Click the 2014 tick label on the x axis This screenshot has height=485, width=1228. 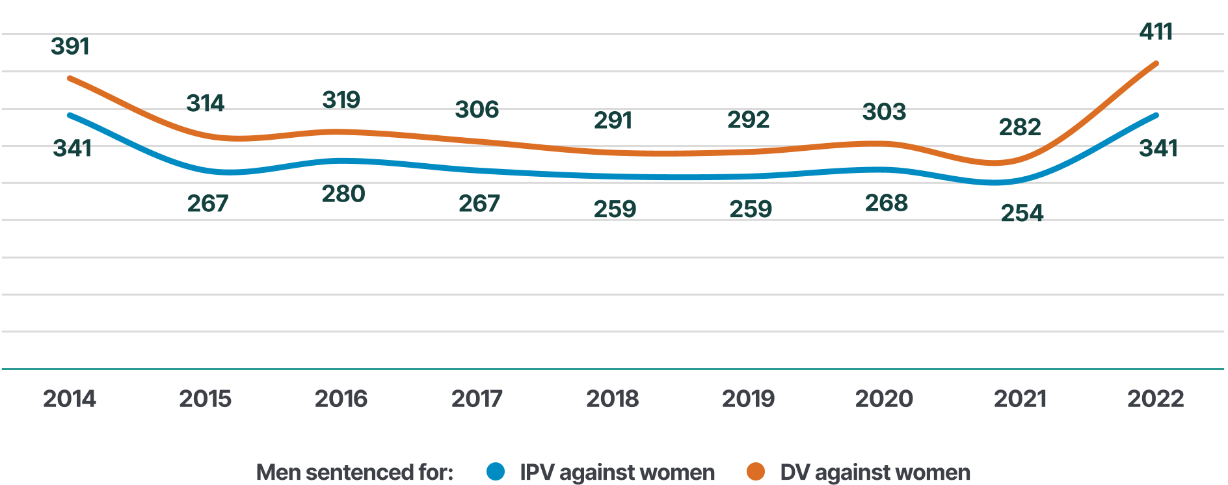pos(70,399)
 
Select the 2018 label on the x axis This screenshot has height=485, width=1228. pos(612,399)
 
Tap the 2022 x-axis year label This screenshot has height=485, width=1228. pos(1155,399)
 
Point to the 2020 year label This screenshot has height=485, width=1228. pos(884,399)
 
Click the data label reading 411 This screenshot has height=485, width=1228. pos(1156,31)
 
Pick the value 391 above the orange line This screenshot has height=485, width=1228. pos(70,46)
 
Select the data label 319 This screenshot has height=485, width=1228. pos(341,99)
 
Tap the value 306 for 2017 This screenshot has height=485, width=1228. pos(477,109)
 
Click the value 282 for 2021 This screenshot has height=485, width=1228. pos(1020,127)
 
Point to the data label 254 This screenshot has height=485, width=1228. pos(1022,213)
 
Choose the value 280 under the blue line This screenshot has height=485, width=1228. pos(343,194)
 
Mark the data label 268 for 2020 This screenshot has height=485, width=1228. pos(886,203)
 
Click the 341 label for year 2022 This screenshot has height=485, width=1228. pos(1158,148)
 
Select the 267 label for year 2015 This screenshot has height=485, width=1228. pos(207,203)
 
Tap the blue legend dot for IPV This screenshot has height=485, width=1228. pos(496,471)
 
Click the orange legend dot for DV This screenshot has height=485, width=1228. pos(756,471)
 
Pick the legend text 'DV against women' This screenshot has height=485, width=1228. pos(875,472)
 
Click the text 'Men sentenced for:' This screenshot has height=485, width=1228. pos(354,472)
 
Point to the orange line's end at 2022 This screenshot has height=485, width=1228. pos(1156,64)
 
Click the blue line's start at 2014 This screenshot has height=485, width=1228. pos(70,115)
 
